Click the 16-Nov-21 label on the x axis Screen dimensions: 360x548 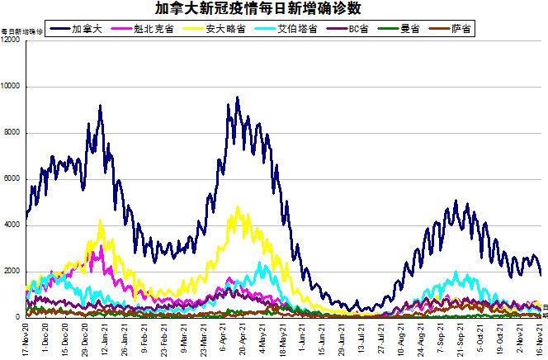(541, 339)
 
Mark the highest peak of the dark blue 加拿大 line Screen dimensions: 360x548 (238, 97)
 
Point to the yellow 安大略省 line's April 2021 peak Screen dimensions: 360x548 (239, 207)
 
